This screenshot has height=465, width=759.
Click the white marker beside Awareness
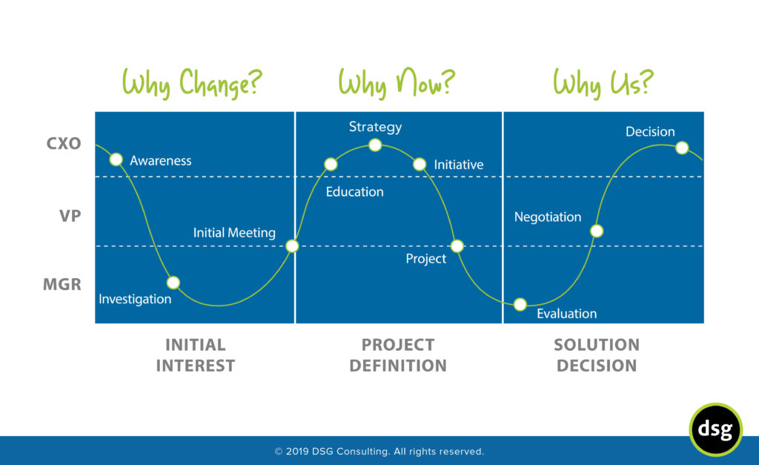point(116,159)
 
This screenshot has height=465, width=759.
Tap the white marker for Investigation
point(173,283)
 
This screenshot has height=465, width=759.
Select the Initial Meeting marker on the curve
point(292,245)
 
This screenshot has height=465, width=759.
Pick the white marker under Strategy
point(375,145)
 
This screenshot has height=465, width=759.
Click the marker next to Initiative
point(420,164)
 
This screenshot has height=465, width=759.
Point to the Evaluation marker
point(520,304)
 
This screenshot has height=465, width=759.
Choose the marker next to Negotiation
point(597,231)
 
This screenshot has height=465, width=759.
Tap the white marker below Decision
point(682,148)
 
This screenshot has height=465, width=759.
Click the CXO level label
point(64,144)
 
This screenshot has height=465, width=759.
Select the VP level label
point(70,216)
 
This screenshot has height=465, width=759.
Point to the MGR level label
point(62,284)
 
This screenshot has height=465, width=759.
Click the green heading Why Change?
point(193,83)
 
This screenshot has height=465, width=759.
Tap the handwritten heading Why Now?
point(396,83)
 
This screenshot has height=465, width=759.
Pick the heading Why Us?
point(603,83)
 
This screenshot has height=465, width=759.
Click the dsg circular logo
point(715,429)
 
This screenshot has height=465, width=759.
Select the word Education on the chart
point(354,192)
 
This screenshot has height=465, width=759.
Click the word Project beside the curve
point(426,259)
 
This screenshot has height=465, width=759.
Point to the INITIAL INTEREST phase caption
point(195,355)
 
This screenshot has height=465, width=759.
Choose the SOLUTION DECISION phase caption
point(597,355)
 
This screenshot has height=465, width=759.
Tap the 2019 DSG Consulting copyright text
point(379,451)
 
